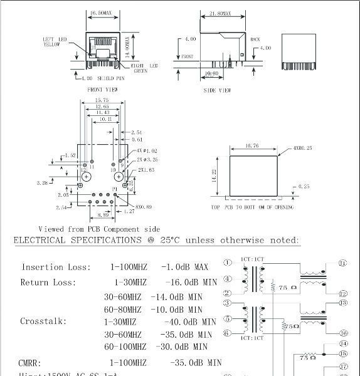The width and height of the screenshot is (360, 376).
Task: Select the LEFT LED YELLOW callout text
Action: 54,41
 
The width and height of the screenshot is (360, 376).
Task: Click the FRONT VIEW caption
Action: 103,90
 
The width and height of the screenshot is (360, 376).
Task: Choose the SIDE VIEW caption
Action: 218,90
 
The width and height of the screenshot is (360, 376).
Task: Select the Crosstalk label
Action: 44,321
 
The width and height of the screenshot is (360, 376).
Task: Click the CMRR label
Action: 31,362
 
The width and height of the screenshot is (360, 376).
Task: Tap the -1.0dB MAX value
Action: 185,267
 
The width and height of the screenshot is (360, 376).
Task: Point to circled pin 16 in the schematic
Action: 343,333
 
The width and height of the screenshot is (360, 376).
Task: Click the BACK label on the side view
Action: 255,39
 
